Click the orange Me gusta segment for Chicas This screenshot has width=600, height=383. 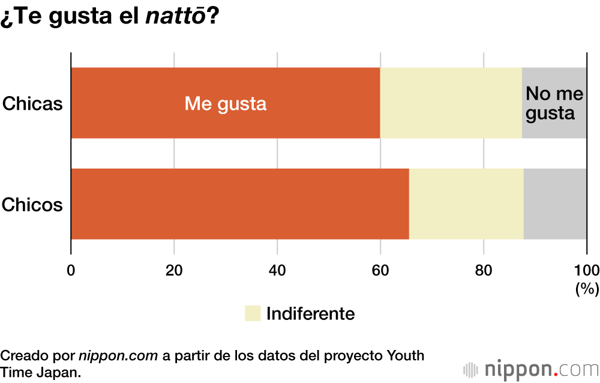click(226, 103)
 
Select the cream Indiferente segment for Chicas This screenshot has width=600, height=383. click(451, 103)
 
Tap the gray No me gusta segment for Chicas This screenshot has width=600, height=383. click(554, 103)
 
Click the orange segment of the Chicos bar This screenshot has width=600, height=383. click(240, 204)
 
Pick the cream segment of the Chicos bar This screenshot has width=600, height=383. click(466, 204)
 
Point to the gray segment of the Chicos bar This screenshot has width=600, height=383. click(555, 204)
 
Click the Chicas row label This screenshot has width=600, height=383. click(32, 104)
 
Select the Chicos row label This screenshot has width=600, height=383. click(32, 205)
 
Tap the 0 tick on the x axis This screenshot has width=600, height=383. click(71, 270)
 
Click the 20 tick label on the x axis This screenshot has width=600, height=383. click(174, 270)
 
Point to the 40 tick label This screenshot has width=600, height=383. click(277, 270)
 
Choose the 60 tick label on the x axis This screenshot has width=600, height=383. click(380, 270)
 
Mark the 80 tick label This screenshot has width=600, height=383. click(484, 270)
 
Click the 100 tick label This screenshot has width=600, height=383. click(586, 270)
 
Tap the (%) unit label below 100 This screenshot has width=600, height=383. click(587, 289)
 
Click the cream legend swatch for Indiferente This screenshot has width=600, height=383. click(253, 313)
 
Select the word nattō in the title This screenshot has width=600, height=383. click(176, 17)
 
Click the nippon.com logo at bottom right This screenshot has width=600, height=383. click(530, 367)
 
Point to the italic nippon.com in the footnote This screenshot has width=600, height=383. click(118, 355)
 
